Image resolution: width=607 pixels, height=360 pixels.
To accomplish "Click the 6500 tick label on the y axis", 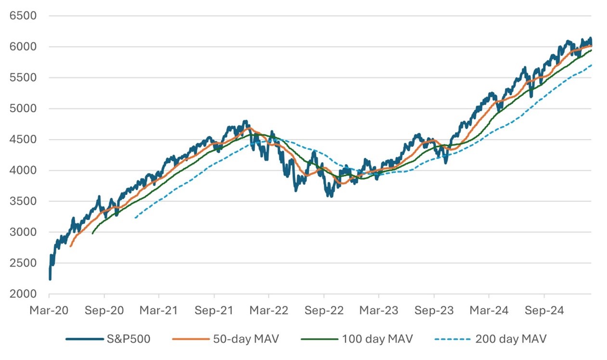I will (23, 15).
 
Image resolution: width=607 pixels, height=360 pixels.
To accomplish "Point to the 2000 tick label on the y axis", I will (23, 294).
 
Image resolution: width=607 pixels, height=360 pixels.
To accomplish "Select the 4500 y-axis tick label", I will (23, 139).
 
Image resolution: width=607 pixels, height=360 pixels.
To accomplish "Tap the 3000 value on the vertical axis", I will (23, 232).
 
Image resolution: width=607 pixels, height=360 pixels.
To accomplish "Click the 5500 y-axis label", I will (23, 77).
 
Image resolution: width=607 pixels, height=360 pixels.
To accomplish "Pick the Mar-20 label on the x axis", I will (49, 310).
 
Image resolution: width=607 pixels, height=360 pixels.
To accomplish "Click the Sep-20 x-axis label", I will (104, 310).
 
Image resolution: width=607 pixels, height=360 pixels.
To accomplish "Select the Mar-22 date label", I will (269, 310).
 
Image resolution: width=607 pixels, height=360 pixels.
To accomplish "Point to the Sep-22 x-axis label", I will (324, 310).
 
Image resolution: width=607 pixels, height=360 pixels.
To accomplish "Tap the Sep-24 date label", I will (544, 310).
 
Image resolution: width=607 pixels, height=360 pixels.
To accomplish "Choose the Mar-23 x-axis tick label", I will (379, 310).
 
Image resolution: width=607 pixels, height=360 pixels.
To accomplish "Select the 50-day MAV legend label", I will (245, 339).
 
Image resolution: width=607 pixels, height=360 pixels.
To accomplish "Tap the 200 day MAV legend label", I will (511, 339).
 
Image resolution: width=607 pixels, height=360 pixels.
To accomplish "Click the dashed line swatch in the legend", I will (452, 339).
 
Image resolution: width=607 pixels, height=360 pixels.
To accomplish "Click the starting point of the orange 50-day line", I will (71, 246).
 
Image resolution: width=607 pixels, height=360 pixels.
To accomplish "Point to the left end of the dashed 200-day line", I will (135, 218).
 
